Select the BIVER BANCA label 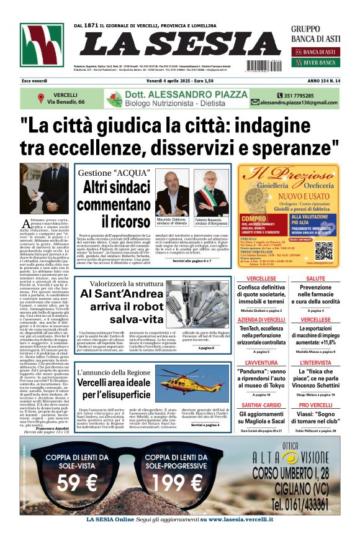click(319, 63)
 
